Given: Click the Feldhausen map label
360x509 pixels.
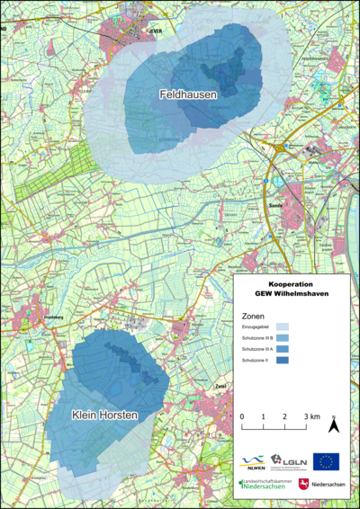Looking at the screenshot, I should pyautogui.click(x=186, y=94).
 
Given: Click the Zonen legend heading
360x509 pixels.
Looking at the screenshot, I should pyautogui.click(x=253, y=317).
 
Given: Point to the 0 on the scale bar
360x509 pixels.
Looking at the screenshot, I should pyautogui.click(x=242, y=417).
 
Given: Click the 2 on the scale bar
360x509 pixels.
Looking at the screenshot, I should pyautogui.click(x=285, y=417).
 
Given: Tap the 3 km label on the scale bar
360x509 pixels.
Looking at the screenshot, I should pyautogui.click(x=311, y=417).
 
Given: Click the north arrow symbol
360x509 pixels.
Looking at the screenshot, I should pyautogui.click(x=333, y=424).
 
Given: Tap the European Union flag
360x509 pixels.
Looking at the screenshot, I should pyautogui.click(x=326, y=461).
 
